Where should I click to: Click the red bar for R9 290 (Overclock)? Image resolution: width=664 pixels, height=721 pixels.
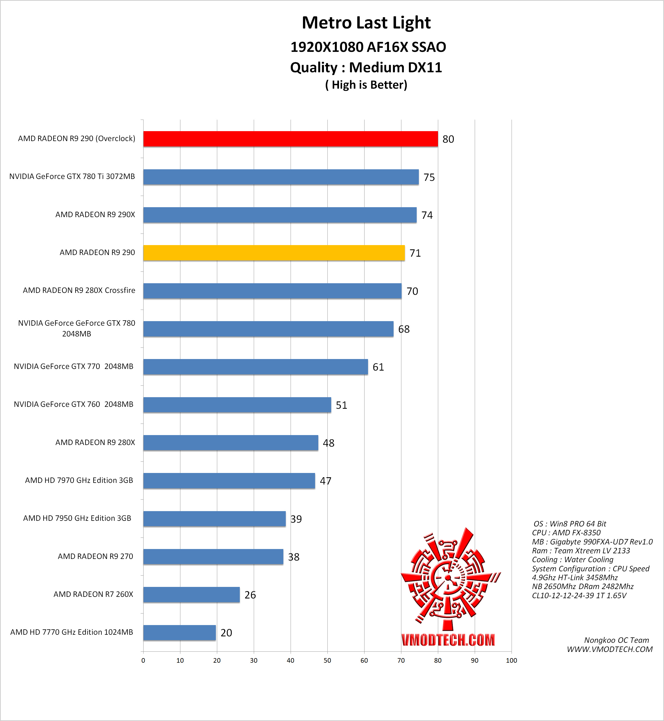290,139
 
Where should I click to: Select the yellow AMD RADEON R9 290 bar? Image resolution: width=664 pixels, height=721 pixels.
274,253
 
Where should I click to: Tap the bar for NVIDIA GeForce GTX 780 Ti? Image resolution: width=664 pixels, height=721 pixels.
281,177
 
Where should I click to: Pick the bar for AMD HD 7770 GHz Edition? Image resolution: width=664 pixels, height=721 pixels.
179,632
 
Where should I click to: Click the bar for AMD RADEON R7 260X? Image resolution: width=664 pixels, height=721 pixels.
191,594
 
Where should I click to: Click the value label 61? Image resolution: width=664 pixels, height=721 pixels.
378,367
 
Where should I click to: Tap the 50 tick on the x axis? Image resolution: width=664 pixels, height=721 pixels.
327,660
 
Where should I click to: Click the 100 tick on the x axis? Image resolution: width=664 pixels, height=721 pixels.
511,660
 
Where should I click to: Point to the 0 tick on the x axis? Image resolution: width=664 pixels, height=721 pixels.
143,660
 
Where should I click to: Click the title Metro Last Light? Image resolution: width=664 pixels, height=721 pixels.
366,23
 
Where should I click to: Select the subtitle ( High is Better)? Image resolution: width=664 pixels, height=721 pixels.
366,85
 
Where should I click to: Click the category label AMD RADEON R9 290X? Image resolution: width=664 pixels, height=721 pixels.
95,214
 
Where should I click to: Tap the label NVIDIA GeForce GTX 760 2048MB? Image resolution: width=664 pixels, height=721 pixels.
73,404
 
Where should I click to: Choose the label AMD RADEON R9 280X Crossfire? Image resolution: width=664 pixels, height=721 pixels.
79,290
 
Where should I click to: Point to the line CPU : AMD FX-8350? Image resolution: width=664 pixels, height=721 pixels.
566,533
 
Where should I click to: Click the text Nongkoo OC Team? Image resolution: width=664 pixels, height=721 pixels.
616,640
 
